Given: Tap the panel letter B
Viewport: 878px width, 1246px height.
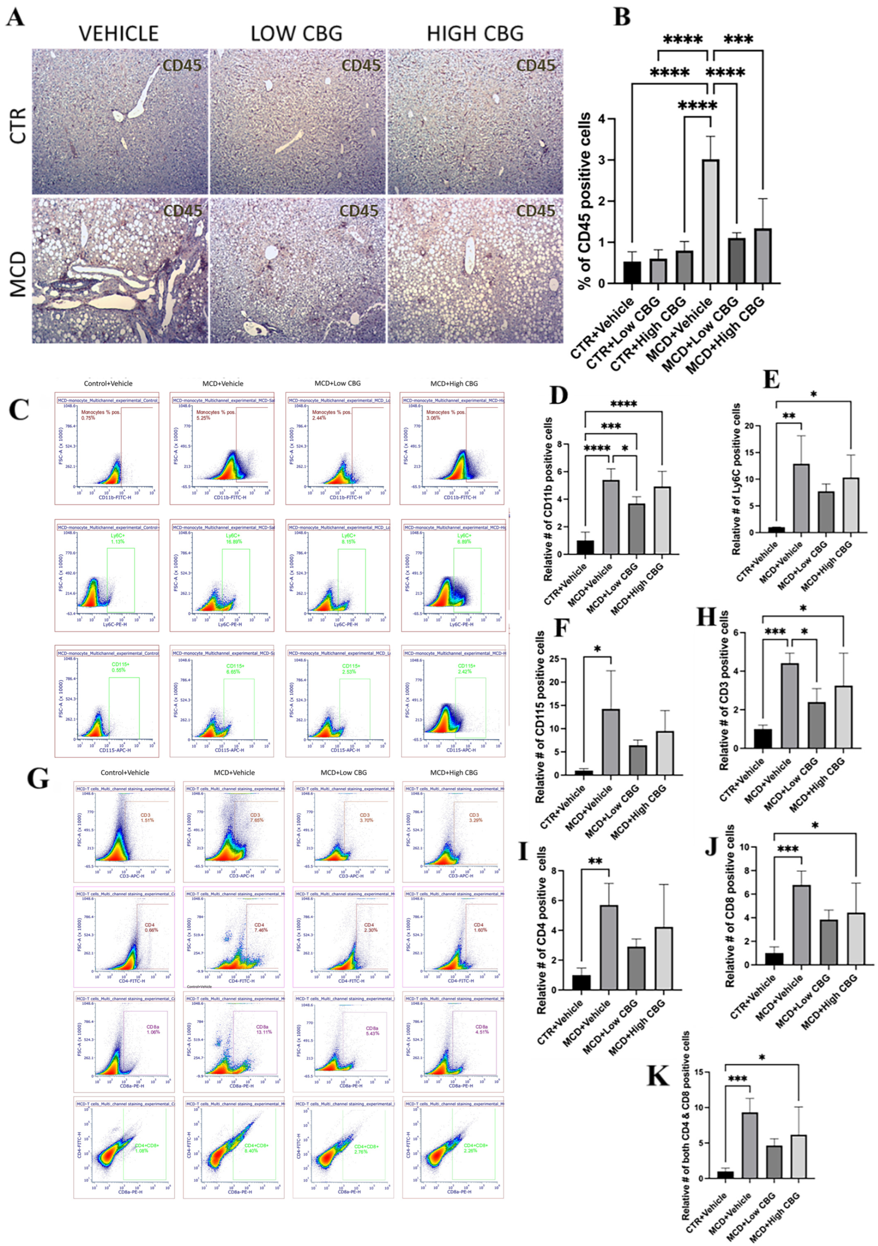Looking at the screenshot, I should click(622, 16).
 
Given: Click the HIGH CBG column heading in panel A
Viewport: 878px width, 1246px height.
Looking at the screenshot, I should click(475, 34).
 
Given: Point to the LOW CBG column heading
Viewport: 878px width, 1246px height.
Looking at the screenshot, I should click(296, 34).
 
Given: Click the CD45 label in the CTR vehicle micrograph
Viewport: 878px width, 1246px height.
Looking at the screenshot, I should click(182, 66).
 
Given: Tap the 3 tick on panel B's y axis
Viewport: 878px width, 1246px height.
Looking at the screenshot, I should click(601, 160).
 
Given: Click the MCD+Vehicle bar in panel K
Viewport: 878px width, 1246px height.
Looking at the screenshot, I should click(750, 1145).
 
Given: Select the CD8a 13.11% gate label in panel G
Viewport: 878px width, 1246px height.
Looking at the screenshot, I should click(264, 1030).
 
